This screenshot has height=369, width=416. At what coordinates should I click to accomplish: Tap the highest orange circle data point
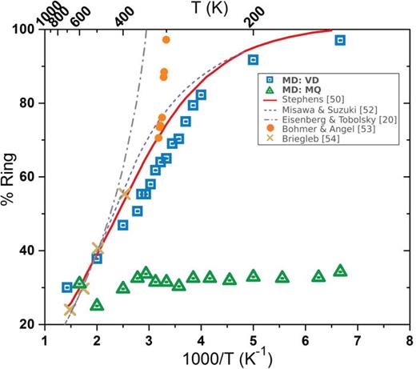point(166,39)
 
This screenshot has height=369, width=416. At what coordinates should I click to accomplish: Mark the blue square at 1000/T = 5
point(253,60)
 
